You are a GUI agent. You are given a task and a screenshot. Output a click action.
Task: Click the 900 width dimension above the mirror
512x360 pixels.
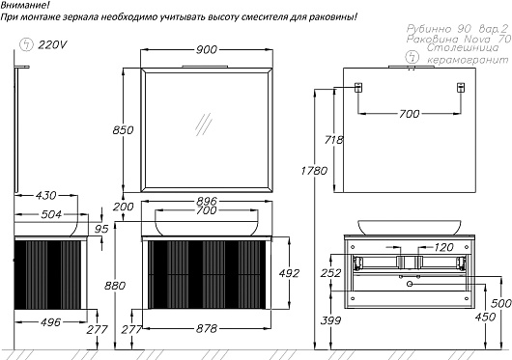tap(207, 50)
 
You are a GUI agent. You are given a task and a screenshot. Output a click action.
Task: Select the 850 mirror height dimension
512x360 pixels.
tap(123, 130)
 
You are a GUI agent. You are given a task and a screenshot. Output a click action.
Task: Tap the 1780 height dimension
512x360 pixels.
tap(314, 171)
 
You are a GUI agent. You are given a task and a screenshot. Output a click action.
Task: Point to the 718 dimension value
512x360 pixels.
tap(334, 140)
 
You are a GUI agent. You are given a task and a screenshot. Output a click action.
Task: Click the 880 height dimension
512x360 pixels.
tap(115, 286)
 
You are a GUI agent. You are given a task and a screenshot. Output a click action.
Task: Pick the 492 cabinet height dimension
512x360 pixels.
tap(289, 273)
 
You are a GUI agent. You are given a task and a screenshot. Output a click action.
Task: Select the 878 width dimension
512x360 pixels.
tap(207, 329)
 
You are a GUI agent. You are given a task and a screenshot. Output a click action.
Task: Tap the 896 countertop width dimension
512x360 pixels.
tap(207, 201)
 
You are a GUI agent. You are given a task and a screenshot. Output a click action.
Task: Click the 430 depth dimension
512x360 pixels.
tap(46, 196)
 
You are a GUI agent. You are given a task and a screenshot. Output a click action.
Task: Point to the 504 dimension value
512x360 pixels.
tap(51, 214)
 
